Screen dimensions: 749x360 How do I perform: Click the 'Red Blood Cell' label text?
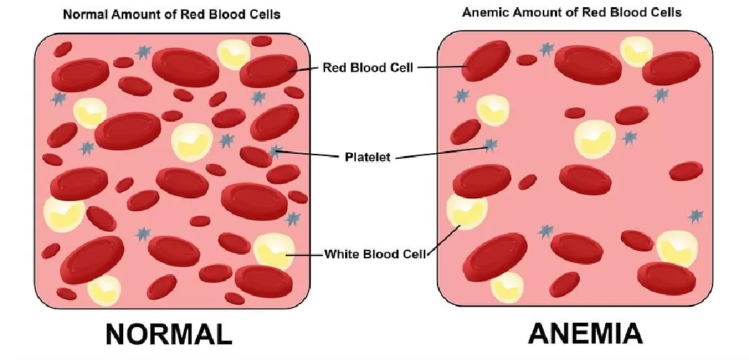pos(368,67)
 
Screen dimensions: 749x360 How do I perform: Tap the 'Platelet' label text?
pos(367,157)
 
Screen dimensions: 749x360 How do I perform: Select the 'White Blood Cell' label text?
pos(375,253)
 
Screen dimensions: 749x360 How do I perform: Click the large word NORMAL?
pos(168,334)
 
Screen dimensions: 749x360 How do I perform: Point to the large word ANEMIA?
pos(586,334)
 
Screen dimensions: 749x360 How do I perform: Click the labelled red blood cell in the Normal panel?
pos(269,71)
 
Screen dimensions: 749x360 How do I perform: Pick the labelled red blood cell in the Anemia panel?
pos(486,61)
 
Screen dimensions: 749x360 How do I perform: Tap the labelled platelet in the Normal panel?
pos(275,152)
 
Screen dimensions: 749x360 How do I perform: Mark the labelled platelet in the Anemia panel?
pos(490,145)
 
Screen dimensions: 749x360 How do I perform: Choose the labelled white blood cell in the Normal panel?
pos(273,251)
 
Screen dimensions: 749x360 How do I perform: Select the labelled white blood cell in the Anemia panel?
pos(467,212)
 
